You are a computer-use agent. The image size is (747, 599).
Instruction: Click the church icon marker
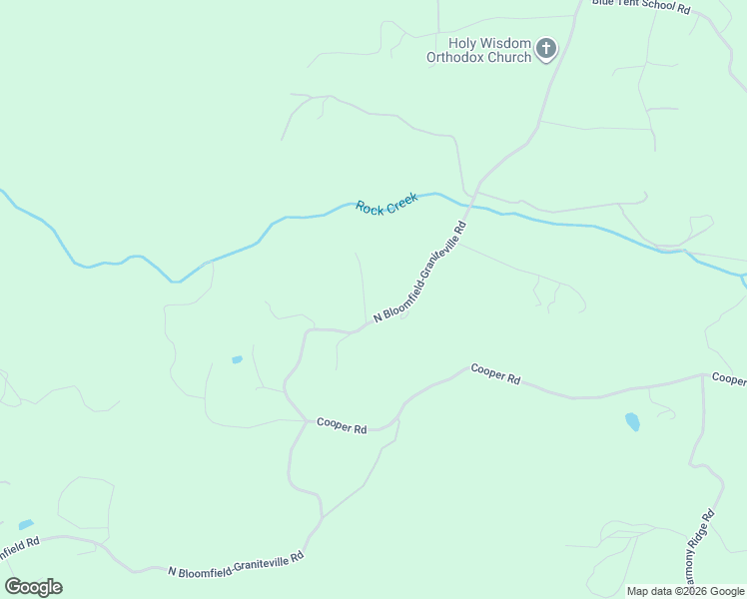tap(545, 48)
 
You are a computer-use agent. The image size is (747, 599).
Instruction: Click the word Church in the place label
tap(509, 58)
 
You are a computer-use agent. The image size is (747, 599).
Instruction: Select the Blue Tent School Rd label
tap(641, 6)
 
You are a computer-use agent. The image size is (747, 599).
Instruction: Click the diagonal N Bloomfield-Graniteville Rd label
tap(420, 273)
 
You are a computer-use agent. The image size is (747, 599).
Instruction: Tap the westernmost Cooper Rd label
tap(342, 425)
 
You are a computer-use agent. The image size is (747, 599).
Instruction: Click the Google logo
tap(33, 587)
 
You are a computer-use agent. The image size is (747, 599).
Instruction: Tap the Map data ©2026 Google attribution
tap(685, 591)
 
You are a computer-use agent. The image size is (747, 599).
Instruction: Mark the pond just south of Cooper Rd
tap(632, 421)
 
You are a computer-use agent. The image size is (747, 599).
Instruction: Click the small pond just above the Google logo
tap(26, 524)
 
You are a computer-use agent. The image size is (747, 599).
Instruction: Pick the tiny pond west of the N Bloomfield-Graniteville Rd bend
tap(237, 359)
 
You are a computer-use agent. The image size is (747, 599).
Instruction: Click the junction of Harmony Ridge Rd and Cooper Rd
tap(702, 377)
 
